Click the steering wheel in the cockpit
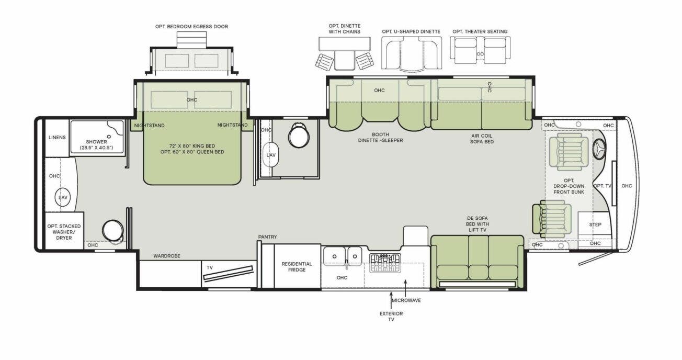click(x=599, y=150)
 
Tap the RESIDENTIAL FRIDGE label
click(x=297, y=266)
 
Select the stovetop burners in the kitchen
click(x=384, y=262)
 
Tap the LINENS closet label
click(x=57, y=138)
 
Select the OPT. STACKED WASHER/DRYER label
click(x=64, y=231)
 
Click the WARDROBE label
click(x=167, y=256)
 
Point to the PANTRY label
click(x=267, y=237)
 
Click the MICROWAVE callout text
click(x=406, y=300)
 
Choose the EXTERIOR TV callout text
click(x=391, y=317)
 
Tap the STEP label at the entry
click(x=595, y=224)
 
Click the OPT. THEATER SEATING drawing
click(x=480, y=53)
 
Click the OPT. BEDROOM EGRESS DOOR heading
click(x=191, y=27)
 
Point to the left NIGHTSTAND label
click(x=150, y=126)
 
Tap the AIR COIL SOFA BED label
click(x=482, y=138)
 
